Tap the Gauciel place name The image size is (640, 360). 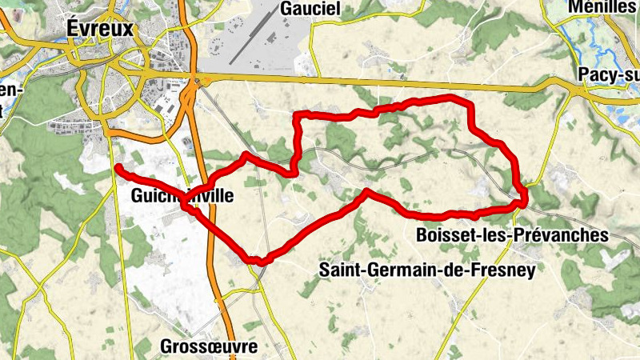(310, 9)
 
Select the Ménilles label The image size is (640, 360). (602, 7)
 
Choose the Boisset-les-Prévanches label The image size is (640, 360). (512, 235)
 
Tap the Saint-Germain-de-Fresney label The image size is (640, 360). (426, 270)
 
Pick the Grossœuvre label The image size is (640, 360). (209, 346)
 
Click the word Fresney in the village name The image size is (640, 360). (506, 270)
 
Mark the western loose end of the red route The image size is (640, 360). (118, 167)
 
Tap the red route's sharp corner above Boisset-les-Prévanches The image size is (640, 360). (522, 200)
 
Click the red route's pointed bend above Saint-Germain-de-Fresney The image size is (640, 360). (366, 191)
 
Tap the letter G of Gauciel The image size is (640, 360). (286, 9)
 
